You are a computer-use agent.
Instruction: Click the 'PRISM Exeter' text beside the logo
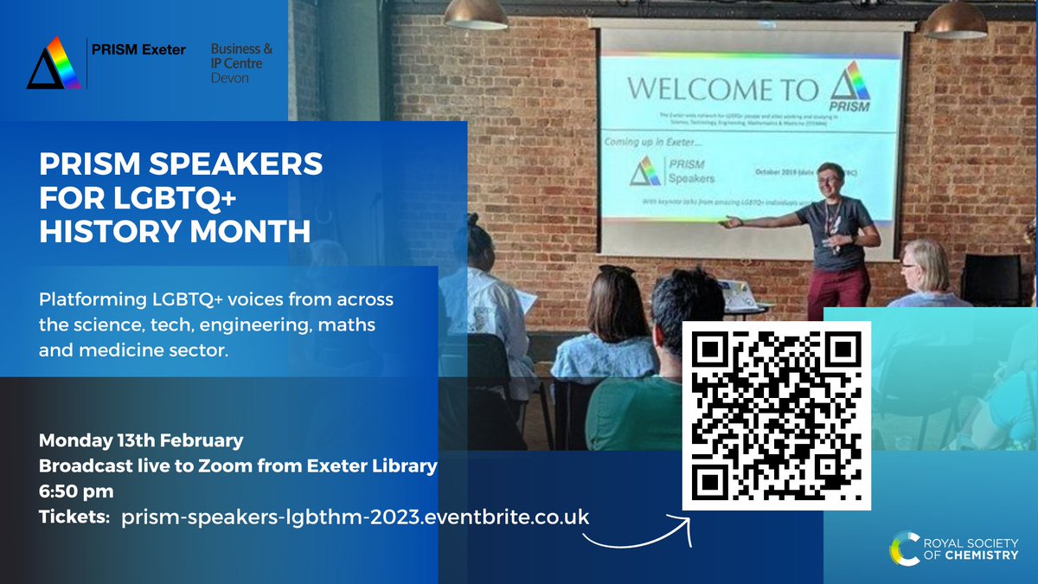point(138,49)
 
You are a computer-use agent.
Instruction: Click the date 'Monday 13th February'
point(141,440)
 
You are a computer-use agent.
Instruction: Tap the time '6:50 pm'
point(76,491)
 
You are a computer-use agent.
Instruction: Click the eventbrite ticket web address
point(356,517)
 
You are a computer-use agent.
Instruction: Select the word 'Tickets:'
point(74,517)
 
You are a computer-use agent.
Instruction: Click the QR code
point(776,416)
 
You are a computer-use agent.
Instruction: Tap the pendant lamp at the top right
point(954,19)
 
